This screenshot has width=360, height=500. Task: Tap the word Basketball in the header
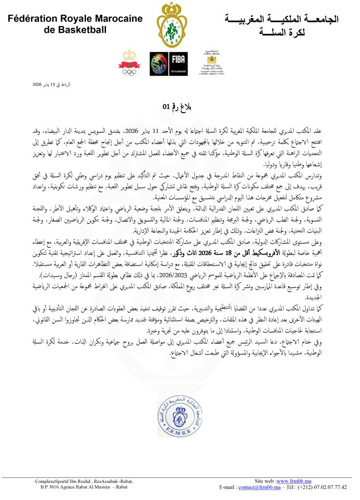pos(82,30)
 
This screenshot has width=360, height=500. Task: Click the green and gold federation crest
pos(172,24)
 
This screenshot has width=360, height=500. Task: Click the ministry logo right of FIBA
pos(212,64)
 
